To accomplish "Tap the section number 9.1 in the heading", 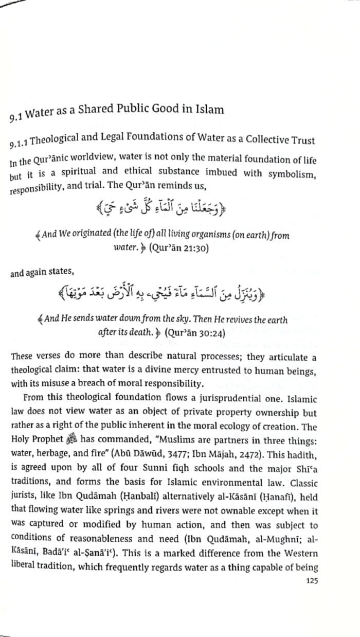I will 16,117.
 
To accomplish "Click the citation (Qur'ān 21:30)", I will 178,247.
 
